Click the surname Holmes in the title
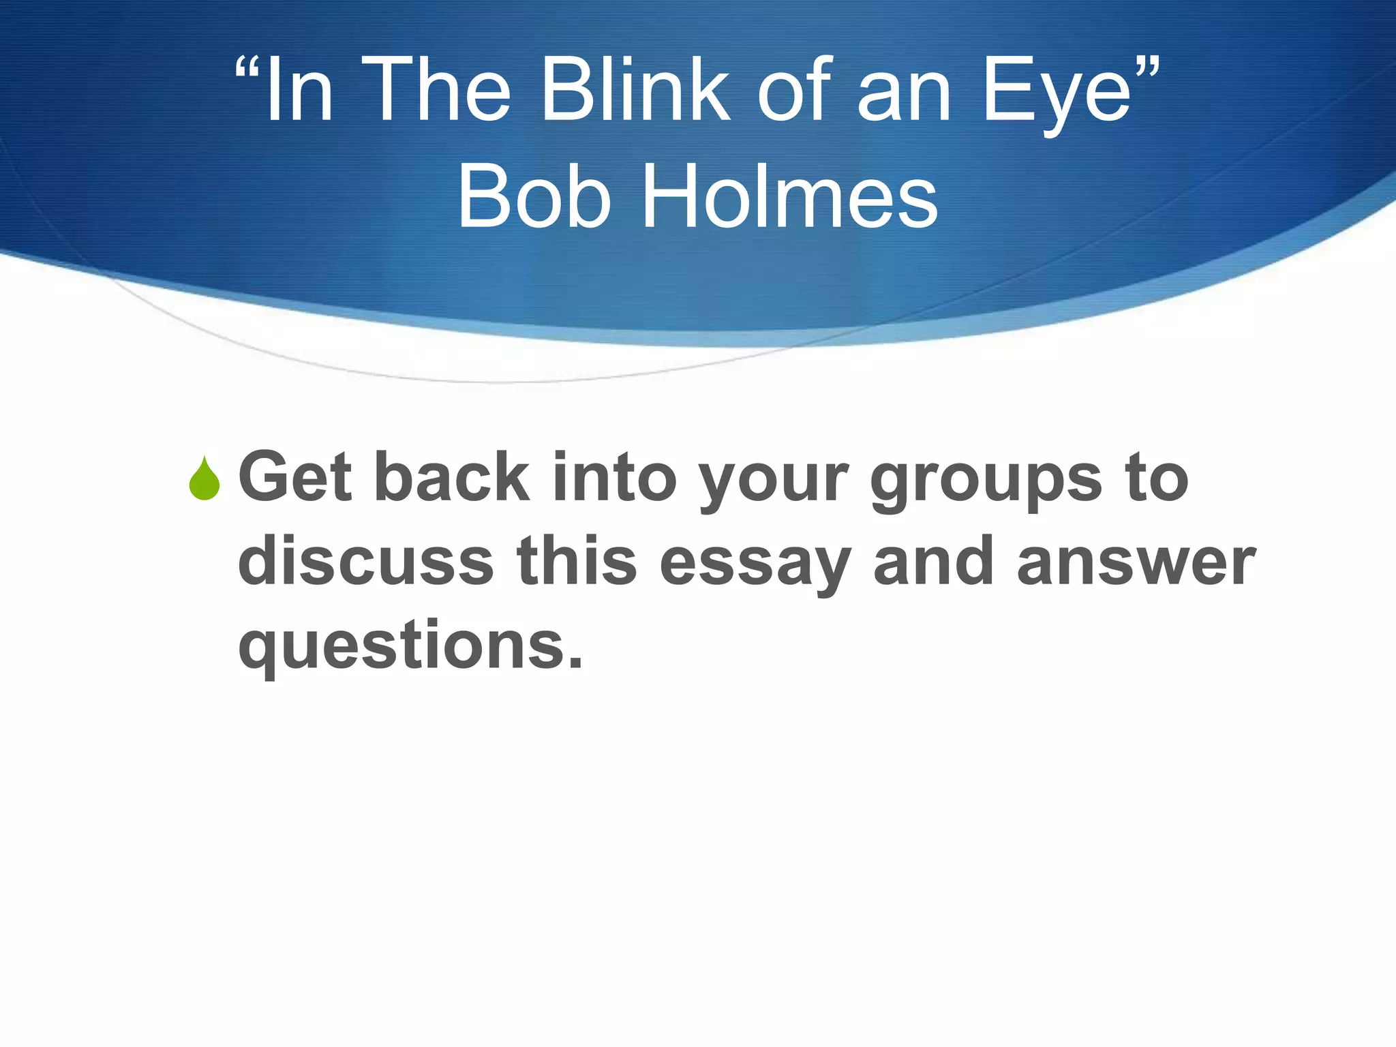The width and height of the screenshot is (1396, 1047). click(x=790, y=198)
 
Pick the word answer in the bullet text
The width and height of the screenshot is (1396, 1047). click(x=1136, y=563)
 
